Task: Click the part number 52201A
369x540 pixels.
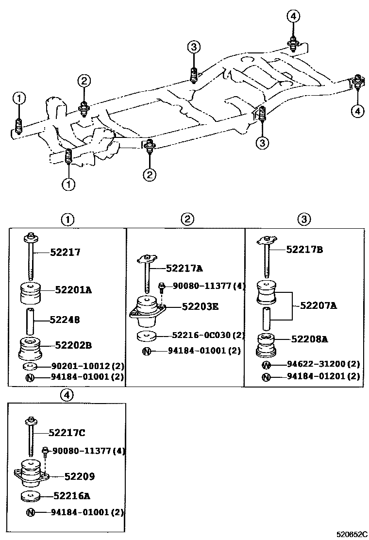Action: pos(74,290)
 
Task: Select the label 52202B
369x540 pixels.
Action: pos(74,345)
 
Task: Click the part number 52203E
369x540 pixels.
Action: pos(200,306)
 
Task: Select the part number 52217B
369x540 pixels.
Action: pos(305,250)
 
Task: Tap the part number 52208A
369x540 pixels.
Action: pos(309,339)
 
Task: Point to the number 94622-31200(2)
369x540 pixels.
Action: pos(323,364)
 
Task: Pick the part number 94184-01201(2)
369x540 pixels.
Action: pos(323,376)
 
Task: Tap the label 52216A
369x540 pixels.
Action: pos(72,496)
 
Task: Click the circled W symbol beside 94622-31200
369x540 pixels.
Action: pos(266,365)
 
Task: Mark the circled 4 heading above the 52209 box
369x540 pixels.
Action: pos(67,395)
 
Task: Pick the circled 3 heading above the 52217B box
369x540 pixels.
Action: pos(304,219)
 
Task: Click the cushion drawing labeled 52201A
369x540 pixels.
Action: pos(31,293)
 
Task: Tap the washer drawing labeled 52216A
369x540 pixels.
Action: pos(31,497)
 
